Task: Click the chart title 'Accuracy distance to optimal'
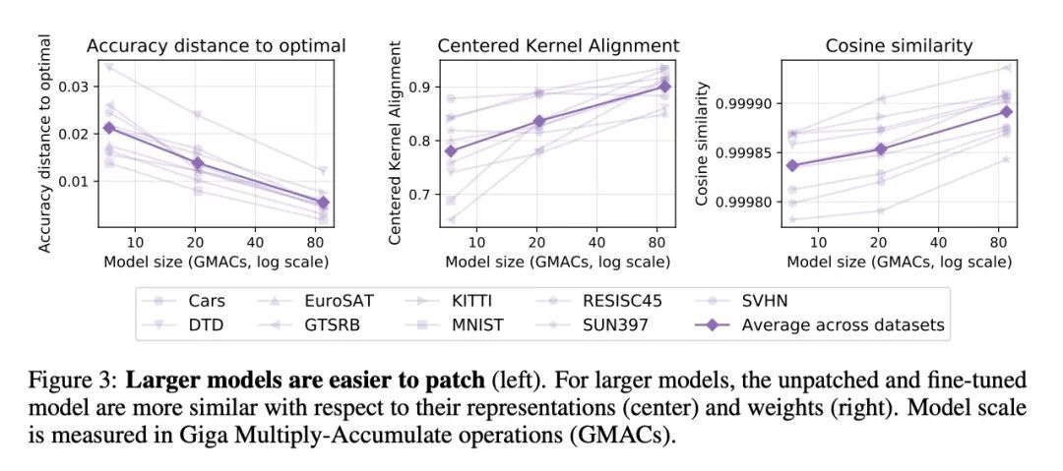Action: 217,45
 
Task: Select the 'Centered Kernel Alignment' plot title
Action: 558,45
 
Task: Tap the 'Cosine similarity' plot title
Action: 899,45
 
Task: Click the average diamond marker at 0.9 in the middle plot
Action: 663,87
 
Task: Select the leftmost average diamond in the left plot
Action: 109,128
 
